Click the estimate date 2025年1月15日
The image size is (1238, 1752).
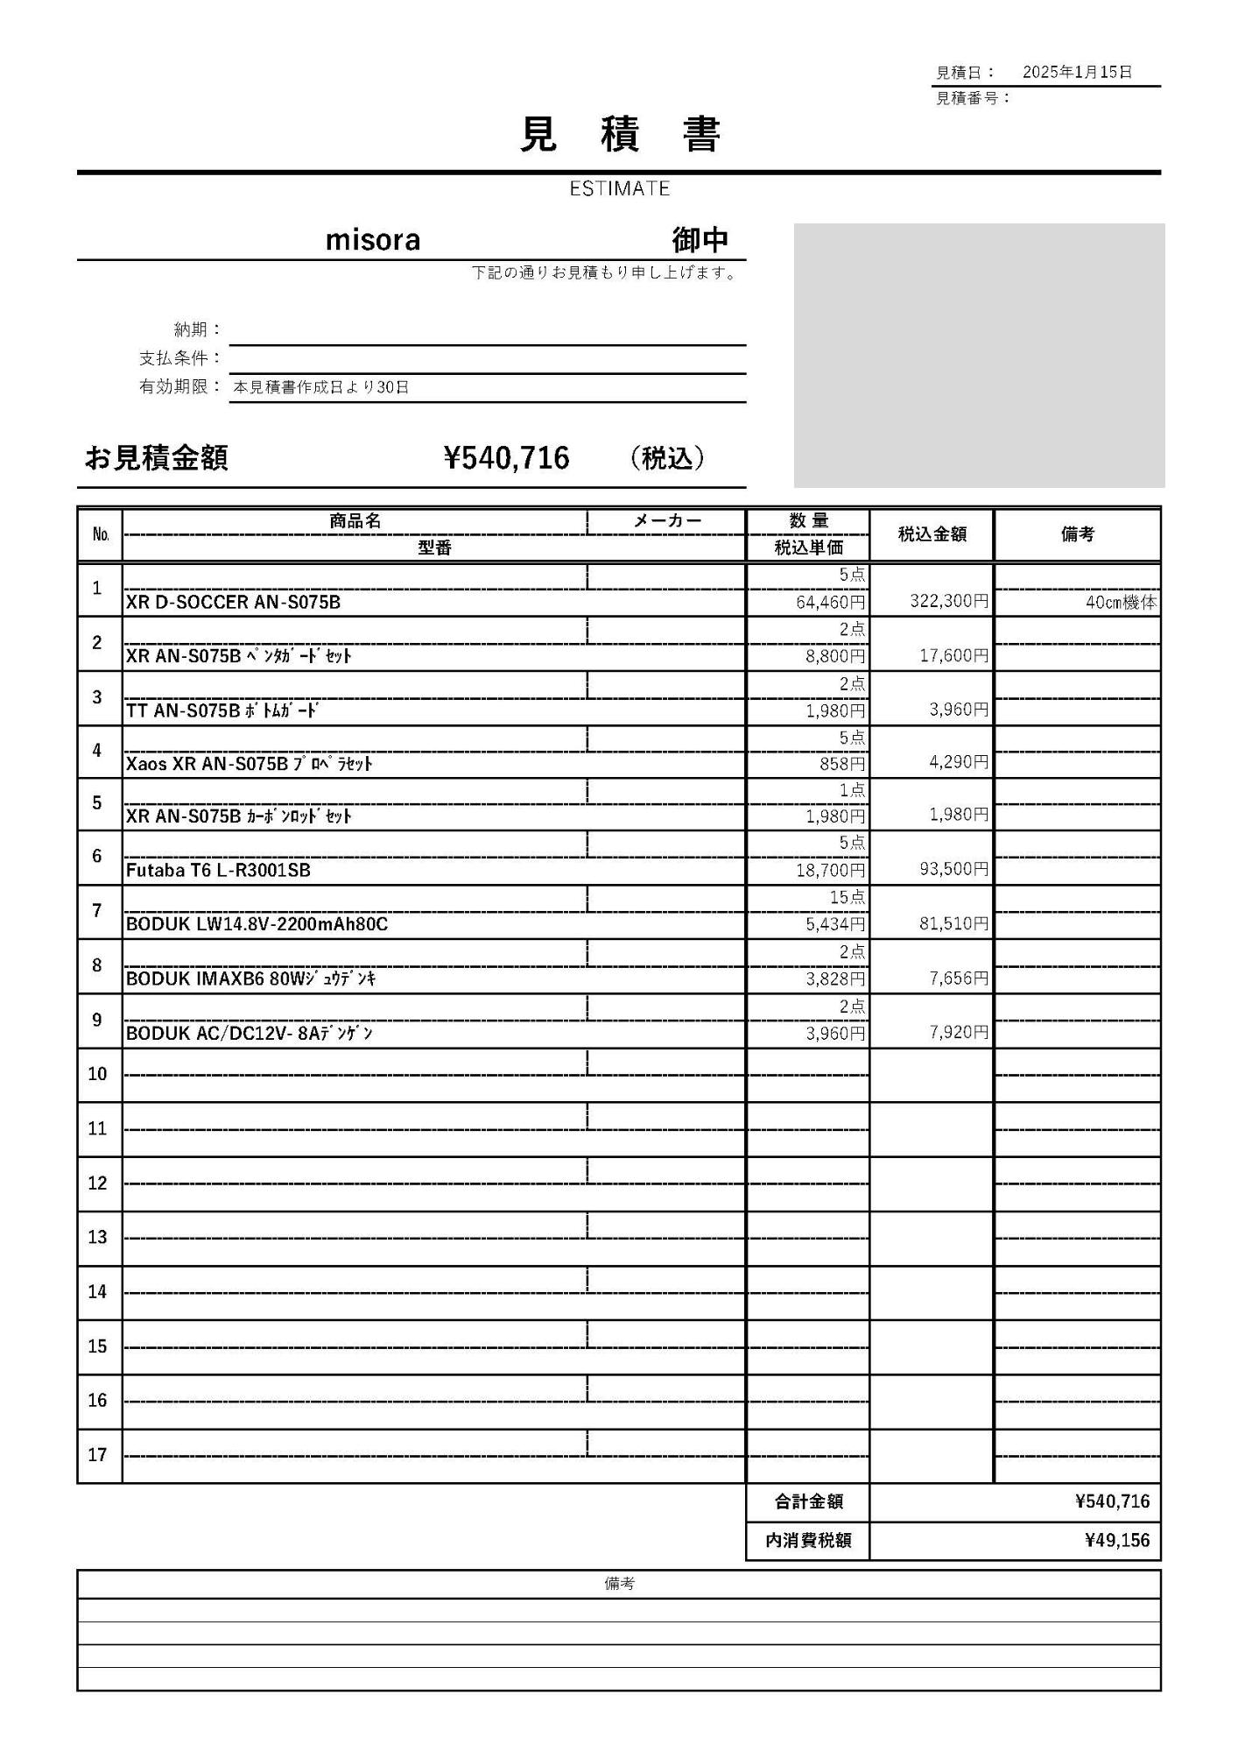tap(1077, 72)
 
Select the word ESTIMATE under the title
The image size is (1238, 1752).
tap(619, 188)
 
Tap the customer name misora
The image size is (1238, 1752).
tap(373, 240)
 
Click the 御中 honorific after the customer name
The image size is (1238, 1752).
tap(700, 240)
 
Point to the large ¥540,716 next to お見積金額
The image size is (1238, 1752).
tap(507, 458)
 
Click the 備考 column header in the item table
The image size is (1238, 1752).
tap(1077, 533)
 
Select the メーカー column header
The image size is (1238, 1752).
tap(667, 521)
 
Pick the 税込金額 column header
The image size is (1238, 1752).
tap(932, 533)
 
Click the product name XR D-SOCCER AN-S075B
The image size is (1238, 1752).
tap(233, 602)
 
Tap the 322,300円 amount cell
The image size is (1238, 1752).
tap(949, 602)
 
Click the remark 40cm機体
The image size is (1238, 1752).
tap(1121, 603)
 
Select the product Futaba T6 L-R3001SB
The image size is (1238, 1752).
tap(218, 870)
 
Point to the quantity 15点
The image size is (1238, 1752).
tap(848, 897)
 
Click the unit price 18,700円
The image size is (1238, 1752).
tap(830, 870)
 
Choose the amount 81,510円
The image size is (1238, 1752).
tap(953, 923)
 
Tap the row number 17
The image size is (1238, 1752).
tap(97, 1455)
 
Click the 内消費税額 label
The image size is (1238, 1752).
tap(808, 1540)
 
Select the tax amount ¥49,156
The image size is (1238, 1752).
tap(1116, 1540)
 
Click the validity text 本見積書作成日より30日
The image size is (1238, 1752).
tap(321, 387)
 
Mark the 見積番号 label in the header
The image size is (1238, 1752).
tap(973, 98)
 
